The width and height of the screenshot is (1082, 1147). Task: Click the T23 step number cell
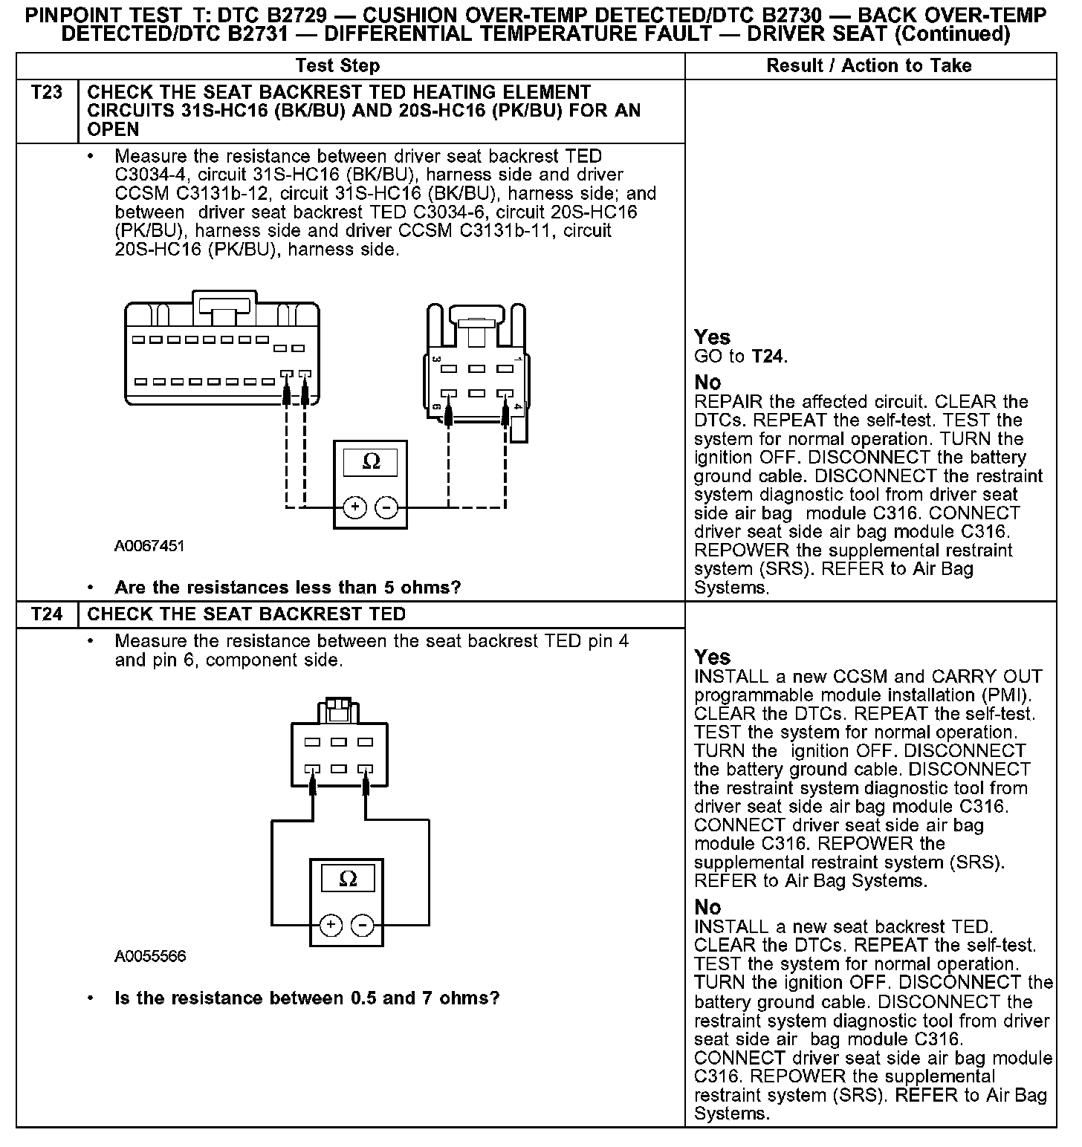[x=46, y=93]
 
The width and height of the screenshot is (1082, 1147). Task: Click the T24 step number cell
[x=46, y=614]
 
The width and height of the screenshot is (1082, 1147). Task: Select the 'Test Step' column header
[x=337, y=65]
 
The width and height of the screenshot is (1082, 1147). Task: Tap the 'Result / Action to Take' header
[x=869, y=65]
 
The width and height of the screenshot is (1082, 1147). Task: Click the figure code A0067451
[x=149, y=547]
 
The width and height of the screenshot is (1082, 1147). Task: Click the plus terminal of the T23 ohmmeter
[x=355, y=507]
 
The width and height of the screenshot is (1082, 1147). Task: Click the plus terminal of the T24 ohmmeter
[x=331, y=925]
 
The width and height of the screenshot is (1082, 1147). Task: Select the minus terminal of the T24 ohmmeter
[x=363, y=925]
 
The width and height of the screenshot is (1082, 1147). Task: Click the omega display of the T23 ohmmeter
[x=371, y=462]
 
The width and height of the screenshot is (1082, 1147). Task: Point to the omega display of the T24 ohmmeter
[x=347, y=880]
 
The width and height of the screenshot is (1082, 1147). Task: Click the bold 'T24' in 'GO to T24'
[x=768, y=357]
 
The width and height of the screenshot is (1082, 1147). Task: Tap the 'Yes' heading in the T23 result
[x=712, y=337]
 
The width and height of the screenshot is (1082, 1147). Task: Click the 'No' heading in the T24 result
[x=707, y=907]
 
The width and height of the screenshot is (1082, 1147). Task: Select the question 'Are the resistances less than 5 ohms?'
[x=288, y=588]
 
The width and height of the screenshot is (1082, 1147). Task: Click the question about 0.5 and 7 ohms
[x=307, y=998]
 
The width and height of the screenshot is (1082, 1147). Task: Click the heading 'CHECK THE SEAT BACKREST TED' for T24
[x=247, y=614]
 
